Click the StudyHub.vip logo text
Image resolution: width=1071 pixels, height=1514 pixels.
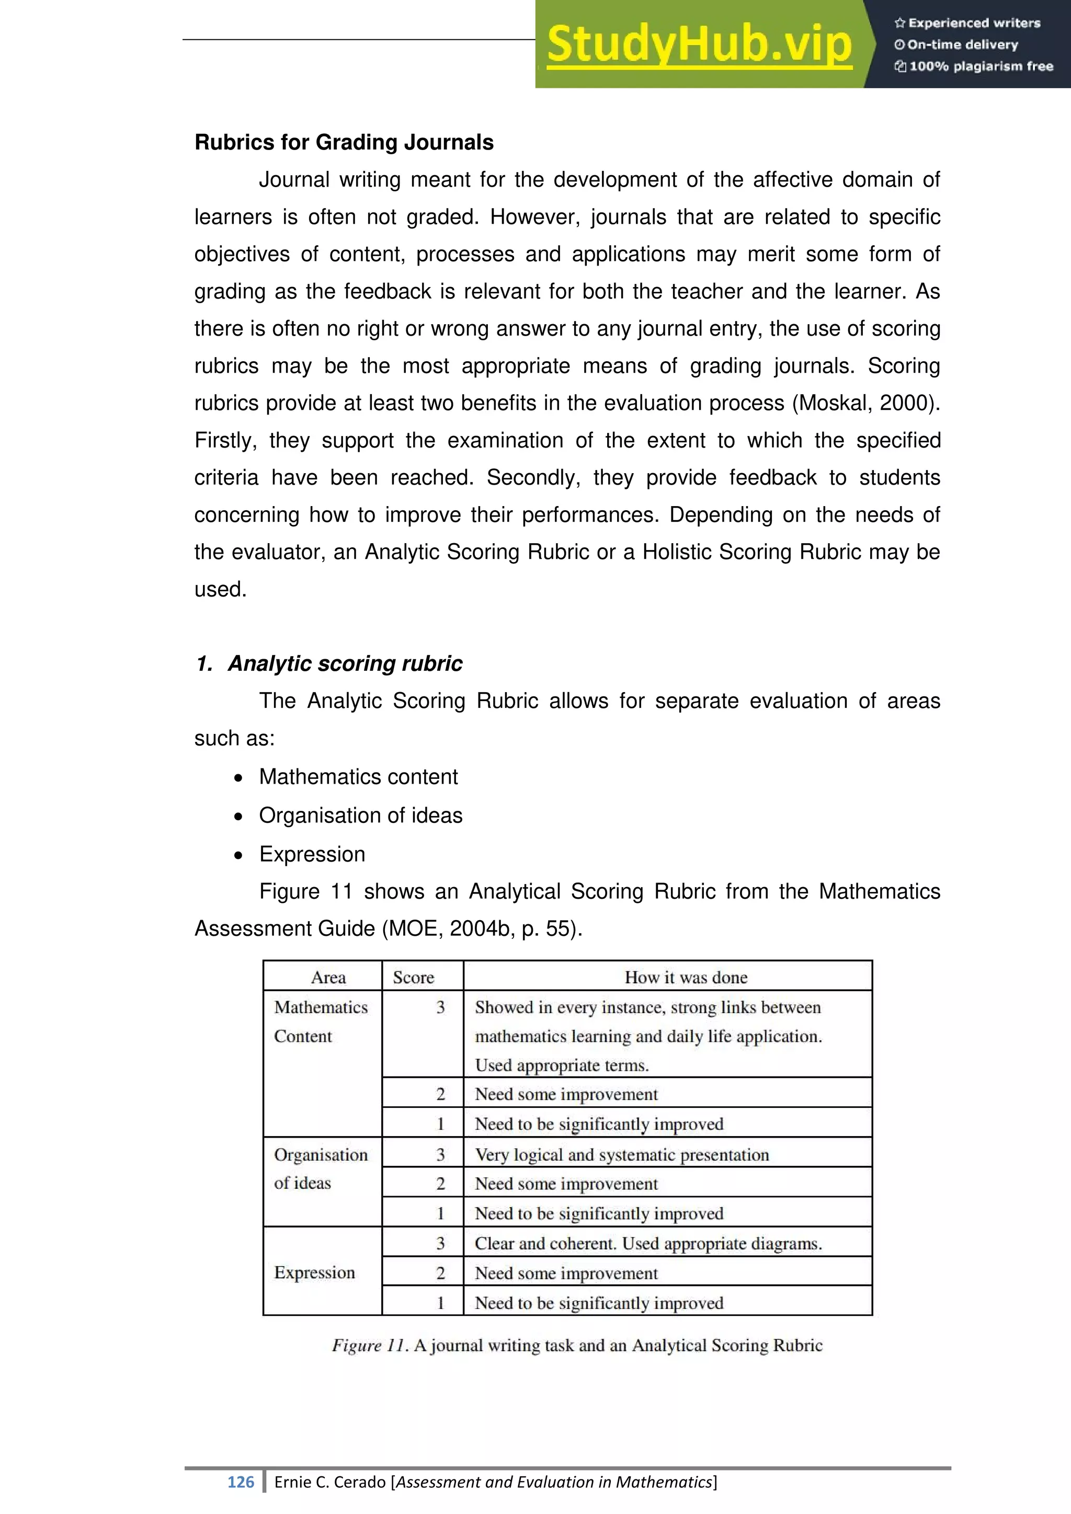[x=699, y=44]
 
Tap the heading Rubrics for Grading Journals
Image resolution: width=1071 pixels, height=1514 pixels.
[x=344, y=142]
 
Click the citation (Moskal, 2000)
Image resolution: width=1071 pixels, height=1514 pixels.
[x=865, y=403]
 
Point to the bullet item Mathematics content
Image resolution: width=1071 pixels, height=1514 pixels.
[x=358, y=777]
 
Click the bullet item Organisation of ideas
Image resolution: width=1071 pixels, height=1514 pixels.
[x=360, y=816]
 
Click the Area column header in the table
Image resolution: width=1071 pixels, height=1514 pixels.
[x=328, y=977]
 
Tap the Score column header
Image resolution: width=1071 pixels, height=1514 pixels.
[x=414, y=977]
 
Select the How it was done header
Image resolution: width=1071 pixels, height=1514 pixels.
[x=686, y=977]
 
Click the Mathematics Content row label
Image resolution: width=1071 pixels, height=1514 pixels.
[x=321, y=1022]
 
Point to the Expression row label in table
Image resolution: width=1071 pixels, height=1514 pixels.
[x=315, y=1272]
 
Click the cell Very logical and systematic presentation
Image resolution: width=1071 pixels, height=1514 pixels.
[x=621, y=1155]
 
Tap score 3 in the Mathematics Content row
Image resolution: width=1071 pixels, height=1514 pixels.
[x=440, y=1007]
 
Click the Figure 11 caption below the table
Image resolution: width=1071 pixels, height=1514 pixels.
[x=577, y=1345]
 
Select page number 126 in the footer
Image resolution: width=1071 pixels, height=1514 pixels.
[x=241, y=1482]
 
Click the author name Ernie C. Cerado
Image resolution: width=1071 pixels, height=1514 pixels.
[x=330, y=1482]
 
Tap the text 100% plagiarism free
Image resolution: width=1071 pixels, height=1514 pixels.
[x=981, y=66]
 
